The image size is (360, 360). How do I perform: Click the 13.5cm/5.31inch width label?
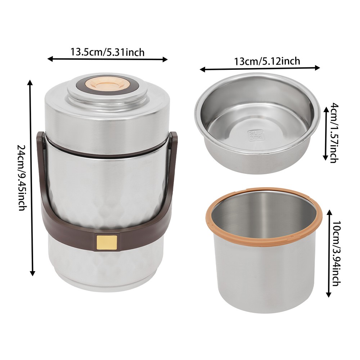pos(107,52)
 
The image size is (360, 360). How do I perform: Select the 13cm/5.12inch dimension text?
pos(267,61)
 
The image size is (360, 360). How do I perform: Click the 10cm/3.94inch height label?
pos(336,254)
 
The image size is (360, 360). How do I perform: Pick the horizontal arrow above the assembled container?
pos(108,59)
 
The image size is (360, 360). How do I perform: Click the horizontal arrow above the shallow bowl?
pos(260,68)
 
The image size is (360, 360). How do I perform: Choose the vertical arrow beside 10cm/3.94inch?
pos(328,254)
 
